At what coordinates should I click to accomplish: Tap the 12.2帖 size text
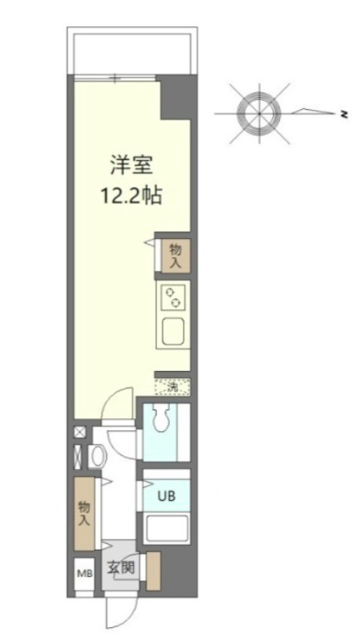click(x=131, y=196)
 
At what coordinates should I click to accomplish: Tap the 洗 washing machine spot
click(x=172, y=388)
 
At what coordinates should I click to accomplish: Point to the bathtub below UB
click(x=165, y=530)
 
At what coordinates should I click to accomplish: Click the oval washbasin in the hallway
click(x=96, y=456)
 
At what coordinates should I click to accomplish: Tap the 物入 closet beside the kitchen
click(x=174, y=256)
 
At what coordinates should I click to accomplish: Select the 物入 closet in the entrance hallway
click(x=84, y=513)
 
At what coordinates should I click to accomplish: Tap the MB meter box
click(x=84, y=574)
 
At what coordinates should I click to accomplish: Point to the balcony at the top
click(x=131, y=52)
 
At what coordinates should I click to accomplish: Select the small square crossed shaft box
click(x=79, y=433)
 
